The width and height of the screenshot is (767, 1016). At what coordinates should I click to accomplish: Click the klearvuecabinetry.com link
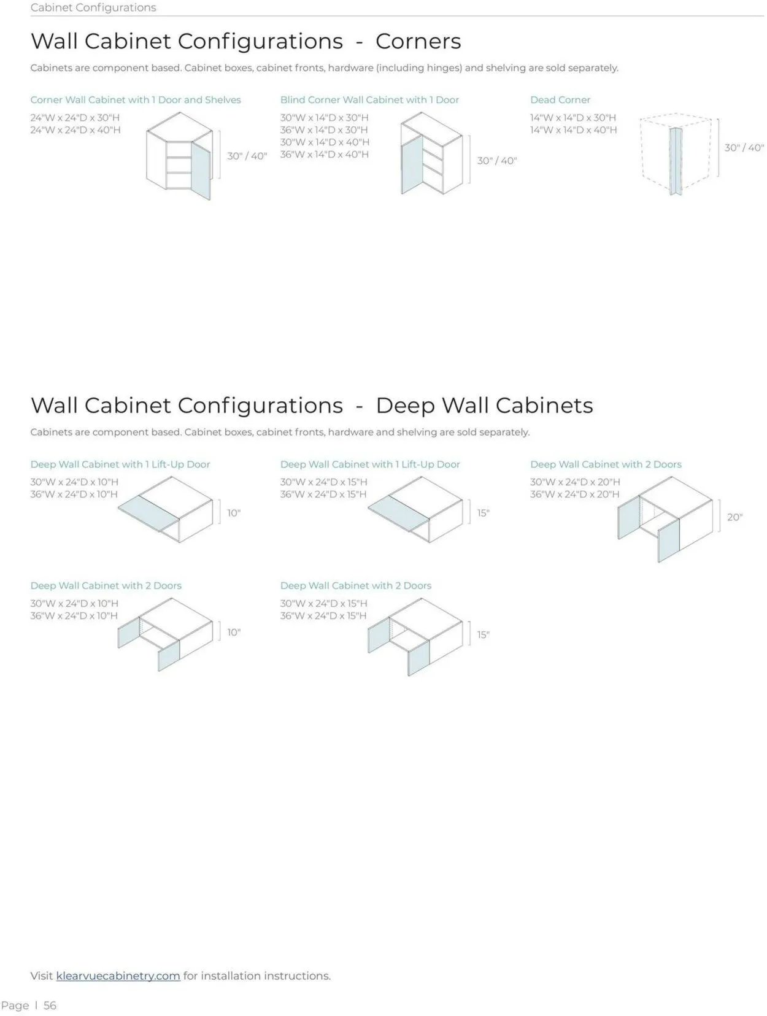pyautogui.click(x=118, y=976)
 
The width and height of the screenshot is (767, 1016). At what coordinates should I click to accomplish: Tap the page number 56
pyautogui.click(x=50, y=1006)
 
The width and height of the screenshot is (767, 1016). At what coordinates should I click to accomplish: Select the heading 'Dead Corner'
pyautogui.click(x=560, y=99)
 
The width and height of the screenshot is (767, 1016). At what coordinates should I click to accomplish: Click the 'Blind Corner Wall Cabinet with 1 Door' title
pyautogui.click(x=369, y=99)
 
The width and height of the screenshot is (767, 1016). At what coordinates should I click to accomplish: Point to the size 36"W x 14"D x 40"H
pyautogui.click(x=325, y=154)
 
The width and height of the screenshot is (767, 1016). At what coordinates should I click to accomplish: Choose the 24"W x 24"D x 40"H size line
pyautogui.click(x=75, y=129)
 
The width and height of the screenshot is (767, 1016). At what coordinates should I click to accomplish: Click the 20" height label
pyautogui.click(x=734, y=517)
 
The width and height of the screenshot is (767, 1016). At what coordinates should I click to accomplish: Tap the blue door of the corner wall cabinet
pyautogui.click(x=201, y=171)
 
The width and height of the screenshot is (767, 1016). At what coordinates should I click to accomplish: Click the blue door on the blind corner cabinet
pyautogui.click(x=412, y=164)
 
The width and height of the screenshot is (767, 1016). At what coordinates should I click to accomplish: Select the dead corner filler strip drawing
pyautogui.click(x=676, y=161)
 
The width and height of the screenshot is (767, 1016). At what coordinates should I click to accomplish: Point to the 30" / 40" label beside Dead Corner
pyautogui.click(x=744, y=148)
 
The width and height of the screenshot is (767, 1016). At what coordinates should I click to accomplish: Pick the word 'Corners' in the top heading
pyautogui.click(x=418, y=41)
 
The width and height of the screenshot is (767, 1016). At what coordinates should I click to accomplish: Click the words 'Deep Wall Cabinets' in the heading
pyautogui.click(x=484, y=406)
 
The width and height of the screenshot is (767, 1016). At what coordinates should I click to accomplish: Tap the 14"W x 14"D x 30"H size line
pyautogui.click(x=573, y=118)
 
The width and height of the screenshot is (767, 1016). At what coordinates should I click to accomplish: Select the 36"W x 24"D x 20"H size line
pyautogui.click(x=575, y=494)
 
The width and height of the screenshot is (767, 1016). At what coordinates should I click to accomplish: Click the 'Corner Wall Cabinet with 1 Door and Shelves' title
pyautogui.click(x=136, y=99)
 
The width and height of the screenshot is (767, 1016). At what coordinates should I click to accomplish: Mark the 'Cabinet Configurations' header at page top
pyautogui.click(x=93, y=7)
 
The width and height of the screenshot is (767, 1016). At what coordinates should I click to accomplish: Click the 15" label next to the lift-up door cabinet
pyautogui.click(x=484, y=513)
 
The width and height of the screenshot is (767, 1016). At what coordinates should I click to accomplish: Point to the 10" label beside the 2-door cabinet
pyautogui.click(x=234, y=633)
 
